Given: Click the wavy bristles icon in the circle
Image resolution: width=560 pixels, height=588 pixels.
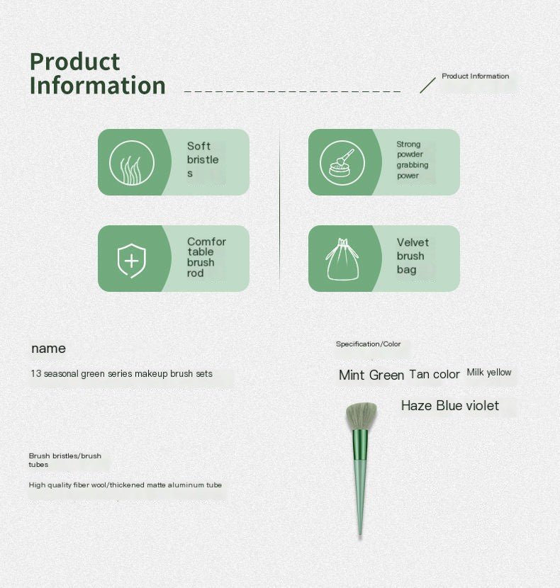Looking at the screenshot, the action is click(131, 163).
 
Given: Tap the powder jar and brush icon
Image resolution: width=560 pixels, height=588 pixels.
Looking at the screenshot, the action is click(342, 163).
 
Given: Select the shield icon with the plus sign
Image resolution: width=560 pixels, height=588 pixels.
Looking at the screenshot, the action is click(131, 261).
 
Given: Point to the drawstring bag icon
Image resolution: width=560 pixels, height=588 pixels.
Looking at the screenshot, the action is click(342, 259).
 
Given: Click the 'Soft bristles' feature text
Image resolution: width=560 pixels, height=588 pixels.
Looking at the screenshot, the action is click(203, 159).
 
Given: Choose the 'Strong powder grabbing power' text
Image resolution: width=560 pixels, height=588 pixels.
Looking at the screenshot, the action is click(412, 159).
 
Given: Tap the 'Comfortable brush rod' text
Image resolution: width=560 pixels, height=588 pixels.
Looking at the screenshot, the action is click(206, 257).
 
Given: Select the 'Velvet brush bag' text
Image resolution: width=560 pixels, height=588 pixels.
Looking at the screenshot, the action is click(413, 256).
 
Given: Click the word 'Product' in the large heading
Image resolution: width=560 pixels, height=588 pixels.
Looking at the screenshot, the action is click(74, 62).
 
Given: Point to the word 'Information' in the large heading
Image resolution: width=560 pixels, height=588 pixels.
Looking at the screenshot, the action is click(98, 85).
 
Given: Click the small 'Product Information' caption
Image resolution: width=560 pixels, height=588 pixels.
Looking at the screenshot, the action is click(475, 76).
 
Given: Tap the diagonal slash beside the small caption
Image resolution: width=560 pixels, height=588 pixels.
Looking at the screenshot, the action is click(427, 86).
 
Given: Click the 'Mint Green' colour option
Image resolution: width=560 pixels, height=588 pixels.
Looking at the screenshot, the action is click(371, 375).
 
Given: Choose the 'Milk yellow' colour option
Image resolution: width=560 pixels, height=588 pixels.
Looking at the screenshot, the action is click(489, 373).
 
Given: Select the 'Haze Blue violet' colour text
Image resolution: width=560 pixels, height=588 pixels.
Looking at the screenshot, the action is click(450, 405).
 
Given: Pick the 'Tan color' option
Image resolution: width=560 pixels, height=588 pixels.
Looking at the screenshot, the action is click(435, 374).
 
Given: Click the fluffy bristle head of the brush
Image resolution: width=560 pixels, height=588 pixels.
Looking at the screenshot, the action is click(361, 417).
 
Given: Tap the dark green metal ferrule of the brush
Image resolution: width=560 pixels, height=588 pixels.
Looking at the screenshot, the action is click(360, 445).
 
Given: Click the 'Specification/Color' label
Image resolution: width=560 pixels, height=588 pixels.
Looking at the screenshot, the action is click(368, 344).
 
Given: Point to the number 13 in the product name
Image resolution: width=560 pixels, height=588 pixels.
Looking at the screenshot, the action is click(35, 374).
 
